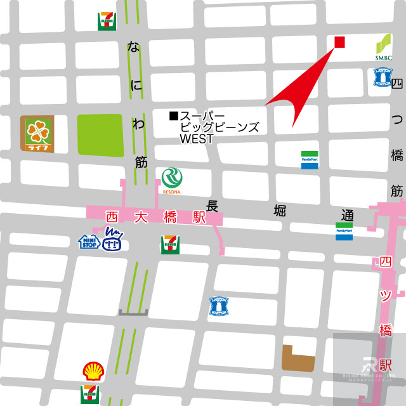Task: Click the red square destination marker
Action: (x=339, y=42)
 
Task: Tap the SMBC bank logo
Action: (x=383, y=48)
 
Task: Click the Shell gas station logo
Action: (x=91, y=371)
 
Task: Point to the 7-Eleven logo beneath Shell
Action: (x=90, y=394)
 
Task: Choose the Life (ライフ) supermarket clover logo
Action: (x=37, y=134)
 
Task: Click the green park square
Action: (x=100, y=135)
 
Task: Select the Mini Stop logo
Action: (x=88, y=242)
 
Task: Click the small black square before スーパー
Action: (x=173, y=115)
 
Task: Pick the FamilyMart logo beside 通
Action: (x=344, y=231)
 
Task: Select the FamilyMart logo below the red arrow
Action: (x=310, y=159)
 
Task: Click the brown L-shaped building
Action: (x=298, y=358)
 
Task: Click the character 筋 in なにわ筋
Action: (x=141, y=162)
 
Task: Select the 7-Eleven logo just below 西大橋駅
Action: (x=169, y=244)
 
